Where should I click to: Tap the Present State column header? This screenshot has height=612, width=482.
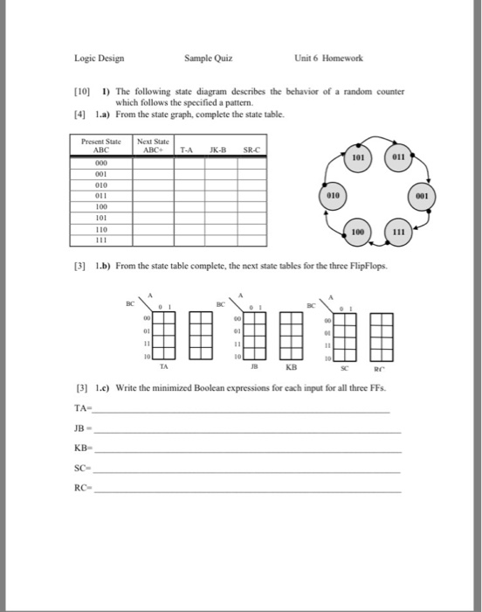(99, 144)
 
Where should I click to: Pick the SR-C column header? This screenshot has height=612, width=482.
(250, 149)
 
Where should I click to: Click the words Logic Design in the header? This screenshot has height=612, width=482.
(99, 59)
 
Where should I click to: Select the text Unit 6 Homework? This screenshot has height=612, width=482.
(329, 59)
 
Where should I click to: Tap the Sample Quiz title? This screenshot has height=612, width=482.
(208, 59)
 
